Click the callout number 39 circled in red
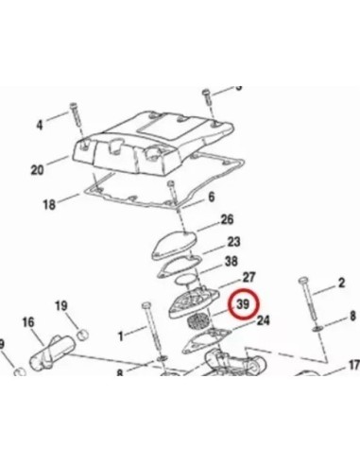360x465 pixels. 243,304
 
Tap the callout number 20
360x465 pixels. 37,170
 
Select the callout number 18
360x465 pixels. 49,205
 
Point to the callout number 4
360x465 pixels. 39,125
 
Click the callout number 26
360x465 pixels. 227,219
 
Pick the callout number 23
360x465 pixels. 233,242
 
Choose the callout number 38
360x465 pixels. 231,261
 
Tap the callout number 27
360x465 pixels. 249,278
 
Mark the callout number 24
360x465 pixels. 264,320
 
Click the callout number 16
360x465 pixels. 28,322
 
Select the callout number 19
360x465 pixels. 61,305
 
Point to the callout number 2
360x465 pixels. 341,283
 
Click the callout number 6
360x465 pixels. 212,197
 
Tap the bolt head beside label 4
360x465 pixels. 73,106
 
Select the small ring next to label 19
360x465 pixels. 83,334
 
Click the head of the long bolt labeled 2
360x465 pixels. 303,281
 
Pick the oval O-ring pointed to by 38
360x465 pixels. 186,280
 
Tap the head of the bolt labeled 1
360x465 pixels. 146,305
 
